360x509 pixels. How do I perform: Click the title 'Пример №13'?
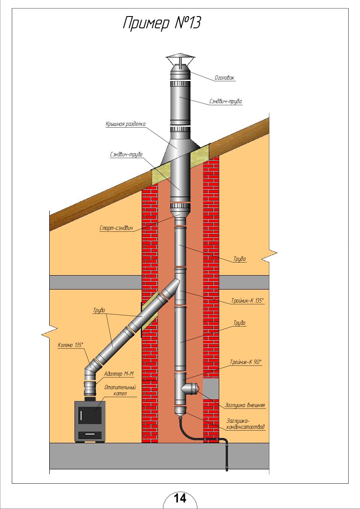[161, 24]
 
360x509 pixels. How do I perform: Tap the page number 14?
[180, 498]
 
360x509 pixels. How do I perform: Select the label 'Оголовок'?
[224, 78]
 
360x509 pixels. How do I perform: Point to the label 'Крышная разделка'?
[125, 125]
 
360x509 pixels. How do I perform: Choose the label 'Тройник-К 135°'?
[248, 301]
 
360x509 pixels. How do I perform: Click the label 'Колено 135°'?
[70, 345]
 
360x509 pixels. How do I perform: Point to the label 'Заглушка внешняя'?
[245, 405]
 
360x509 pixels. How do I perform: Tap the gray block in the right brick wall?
[211, 389]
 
